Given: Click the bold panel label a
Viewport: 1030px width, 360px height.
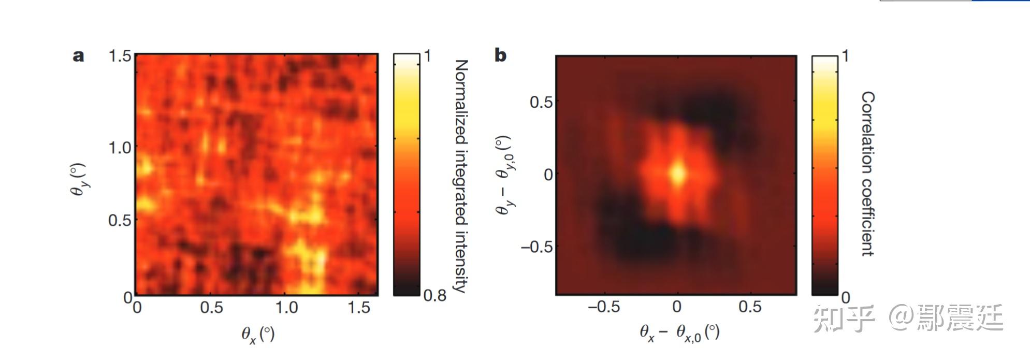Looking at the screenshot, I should pyautogui.click(x=78, y=56).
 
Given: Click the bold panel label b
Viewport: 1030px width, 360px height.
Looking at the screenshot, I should pyautogui.click(x=500, y=55).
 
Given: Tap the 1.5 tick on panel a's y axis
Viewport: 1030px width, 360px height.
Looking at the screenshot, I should pyautogui.click(x=120, y=56).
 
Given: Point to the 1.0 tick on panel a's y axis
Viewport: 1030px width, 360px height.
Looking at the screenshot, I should pyautogui.click(x=120, y=148).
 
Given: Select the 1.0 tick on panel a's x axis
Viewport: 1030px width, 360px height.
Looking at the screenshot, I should pyautogui.click(x=286, y=308).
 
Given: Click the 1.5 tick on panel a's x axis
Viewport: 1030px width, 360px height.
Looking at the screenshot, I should pyautogui.click(x=359, y=308).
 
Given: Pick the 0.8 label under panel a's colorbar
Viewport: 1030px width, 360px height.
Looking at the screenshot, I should pyautogui.click(x=435, y=296).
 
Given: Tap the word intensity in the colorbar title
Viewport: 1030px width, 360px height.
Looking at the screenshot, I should pyautogui.click(x=460, y=259).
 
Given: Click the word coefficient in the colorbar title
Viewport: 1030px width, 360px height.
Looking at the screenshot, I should pyautogui.click(x=868, y=218).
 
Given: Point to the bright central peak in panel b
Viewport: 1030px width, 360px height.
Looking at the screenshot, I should pyautogui.click(x=678, y=174).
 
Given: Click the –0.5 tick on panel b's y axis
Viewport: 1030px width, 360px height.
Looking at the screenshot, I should pyautogui.click(x=536, y=247).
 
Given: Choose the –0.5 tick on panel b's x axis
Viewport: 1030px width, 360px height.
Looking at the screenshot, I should pyautogui.click(x=604, y=307).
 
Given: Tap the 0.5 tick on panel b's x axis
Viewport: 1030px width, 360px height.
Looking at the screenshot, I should pyautogui.click(x=750, y=307).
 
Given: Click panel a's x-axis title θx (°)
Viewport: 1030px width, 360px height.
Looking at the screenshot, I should pyautogui.click(x=258, y=334).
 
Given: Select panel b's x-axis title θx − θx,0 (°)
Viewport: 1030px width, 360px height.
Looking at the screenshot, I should pyautogui.click(x=679, y=333).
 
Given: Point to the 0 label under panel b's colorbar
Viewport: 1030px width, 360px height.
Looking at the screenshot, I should pyautogui.click(x=846, y=297).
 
